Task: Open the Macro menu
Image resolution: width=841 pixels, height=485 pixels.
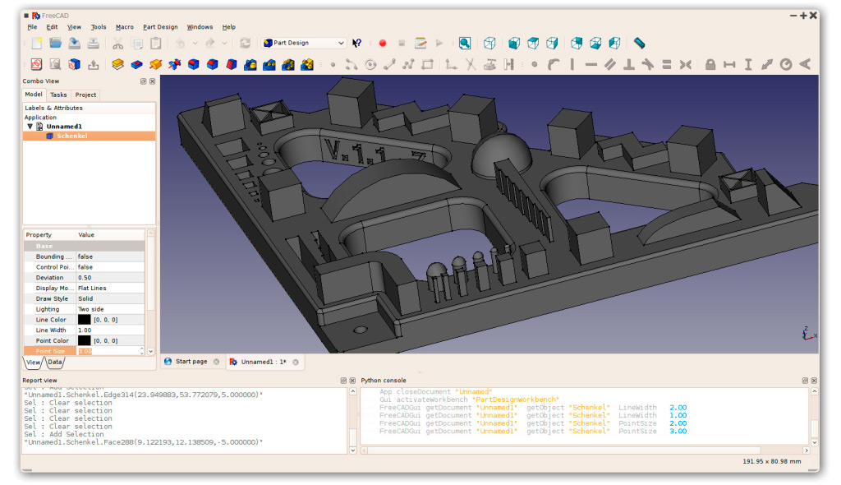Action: (x=124, y=27)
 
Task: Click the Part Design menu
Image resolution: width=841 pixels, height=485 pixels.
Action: (x=160, y=27)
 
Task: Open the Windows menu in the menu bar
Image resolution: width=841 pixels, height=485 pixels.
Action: (x=200, y=27)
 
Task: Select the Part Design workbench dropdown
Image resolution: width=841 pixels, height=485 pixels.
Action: (x=304, y=43)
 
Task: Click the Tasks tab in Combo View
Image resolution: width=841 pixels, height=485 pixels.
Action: (x=58, y=95)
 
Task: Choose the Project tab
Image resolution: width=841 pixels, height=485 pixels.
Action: (x=85, y=95)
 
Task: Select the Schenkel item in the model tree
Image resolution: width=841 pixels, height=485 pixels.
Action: (x=71, y=136)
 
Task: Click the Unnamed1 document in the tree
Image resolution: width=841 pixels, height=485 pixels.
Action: (x=64, y=127)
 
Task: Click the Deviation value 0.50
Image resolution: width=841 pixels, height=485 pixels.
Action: (x=85, y=278)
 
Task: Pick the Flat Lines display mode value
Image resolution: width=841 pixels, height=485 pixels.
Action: (x=92, y=289)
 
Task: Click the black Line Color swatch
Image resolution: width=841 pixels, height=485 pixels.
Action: (x=84, y=319)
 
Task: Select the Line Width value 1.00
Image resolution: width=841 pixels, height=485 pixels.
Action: (x=85, y=330)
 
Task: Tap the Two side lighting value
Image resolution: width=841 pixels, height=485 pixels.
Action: (x=90, y=309)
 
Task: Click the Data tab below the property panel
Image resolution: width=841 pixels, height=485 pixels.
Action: (x=55, y=362)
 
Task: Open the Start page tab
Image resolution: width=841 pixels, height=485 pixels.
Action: (x=191, y=362)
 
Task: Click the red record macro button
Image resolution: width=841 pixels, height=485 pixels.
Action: (x=382, y=43)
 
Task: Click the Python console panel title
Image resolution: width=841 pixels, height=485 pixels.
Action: (x=384, y=381)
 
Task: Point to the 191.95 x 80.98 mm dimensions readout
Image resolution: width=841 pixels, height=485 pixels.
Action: (x=772, y=461)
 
